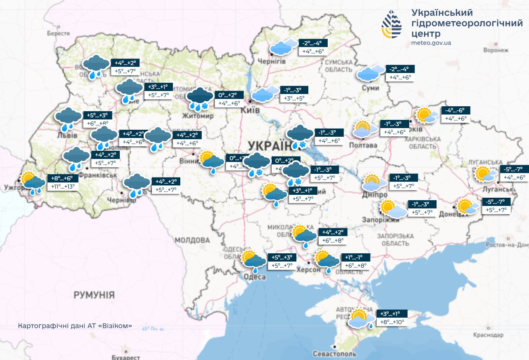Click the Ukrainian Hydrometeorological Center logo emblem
tap(391, 24)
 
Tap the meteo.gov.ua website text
tap(431, 43)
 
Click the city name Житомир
tap(200, 116)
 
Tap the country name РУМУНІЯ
tap(94, 295)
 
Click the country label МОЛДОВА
tap(192, 240)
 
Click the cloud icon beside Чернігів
tap(284, 47)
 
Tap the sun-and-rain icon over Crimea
tap(361, 318)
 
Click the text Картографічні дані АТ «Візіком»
tap(75, 326)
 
